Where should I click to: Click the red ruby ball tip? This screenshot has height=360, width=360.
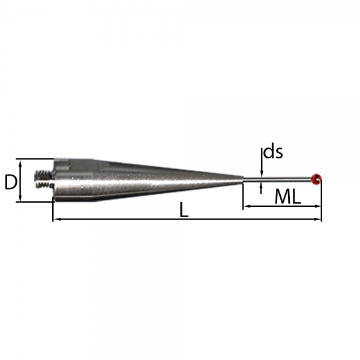tap(316, 179)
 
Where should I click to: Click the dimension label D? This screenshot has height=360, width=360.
tap(11, 182)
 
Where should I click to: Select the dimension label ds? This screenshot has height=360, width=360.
tap(273, 152)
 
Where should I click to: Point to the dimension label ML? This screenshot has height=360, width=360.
tap(288, 197)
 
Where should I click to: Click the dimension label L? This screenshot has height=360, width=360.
tap(184, 210)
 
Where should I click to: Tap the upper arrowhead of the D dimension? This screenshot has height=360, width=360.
tap(20, 163)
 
